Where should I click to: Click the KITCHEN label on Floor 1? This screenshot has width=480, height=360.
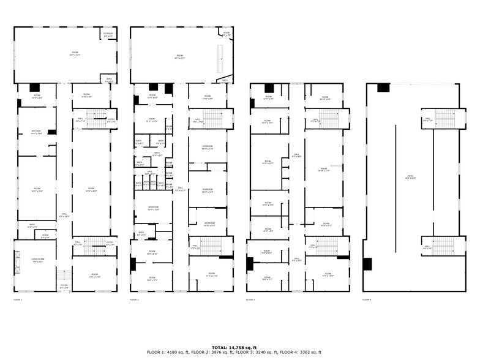click(x=36, y=132)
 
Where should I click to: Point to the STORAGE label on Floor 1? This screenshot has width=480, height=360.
click(x=108, y=34)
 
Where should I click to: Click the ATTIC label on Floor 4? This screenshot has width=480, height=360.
click(x=411, y=177)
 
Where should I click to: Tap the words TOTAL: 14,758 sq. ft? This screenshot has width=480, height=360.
click(x=239, y=347)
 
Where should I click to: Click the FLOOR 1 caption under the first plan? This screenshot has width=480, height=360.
click(x=17, y=300)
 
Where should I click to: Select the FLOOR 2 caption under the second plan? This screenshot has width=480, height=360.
click(x=134, y=300)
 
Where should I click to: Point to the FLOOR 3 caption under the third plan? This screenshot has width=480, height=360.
click(x=250, y=300)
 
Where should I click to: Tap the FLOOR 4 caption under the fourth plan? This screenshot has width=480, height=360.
click(x=366, y=300)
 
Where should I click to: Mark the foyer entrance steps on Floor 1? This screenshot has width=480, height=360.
click(x=64, y=274)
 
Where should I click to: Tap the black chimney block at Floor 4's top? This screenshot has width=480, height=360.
click(x=383, y=88)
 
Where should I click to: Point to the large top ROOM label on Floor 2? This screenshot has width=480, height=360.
click(x=179, y=57)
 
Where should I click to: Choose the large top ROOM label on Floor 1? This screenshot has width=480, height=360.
click(x=75, y=53)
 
